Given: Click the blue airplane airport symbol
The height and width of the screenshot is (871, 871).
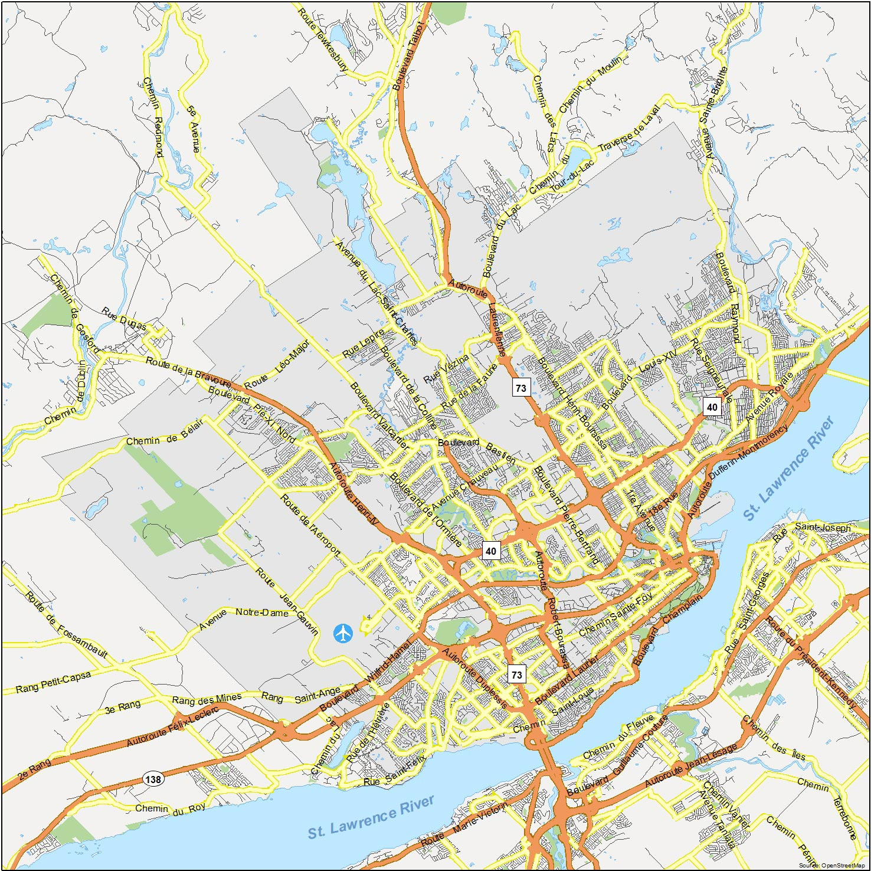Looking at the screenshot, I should click(x=343, y=633).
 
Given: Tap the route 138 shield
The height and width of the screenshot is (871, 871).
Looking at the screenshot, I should click(x=153, y=779).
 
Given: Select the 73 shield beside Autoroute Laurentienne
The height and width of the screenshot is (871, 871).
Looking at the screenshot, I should click(x=520, y=388).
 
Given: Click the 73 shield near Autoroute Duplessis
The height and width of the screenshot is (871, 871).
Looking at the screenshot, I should click(x=516, y=674).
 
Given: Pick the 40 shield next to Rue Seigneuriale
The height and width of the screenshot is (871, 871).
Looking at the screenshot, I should click(x=712, y=407).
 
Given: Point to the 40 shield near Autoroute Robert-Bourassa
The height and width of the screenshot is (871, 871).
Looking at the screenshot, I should click(x=491, y=551).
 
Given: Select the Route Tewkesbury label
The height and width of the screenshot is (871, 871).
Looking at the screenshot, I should click(x=322, y=40).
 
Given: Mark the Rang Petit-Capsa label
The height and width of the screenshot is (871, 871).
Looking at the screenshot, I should click(x=53, y=682).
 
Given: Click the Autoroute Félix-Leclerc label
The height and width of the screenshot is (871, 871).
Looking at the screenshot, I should click(x=172, y=726).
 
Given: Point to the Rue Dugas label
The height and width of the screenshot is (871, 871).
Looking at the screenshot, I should click(x=123, y=319).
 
